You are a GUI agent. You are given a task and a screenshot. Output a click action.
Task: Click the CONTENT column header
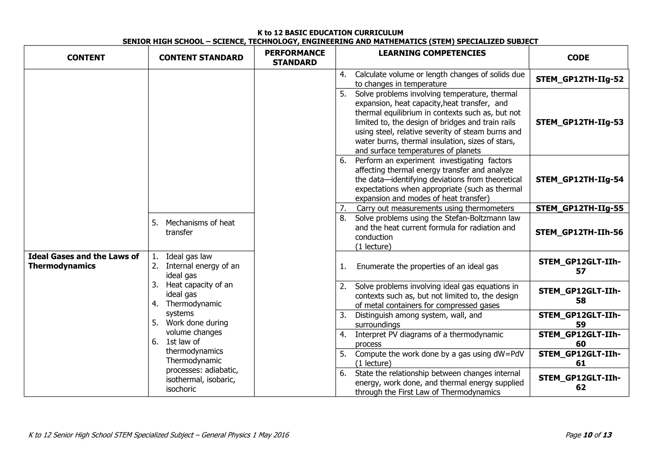pyautogui.click(x=86, y=57)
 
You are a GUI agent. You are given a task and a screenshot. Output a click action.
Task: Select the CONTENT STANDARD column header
pyautogui.click(x=201, y=57)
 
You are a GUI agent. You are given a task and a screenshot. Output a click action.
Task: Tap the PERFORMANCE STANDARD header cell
pyautogui.click(x=295, y=57)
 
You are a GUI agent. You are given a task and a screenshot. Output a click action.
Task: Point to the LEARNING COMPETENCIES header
pyautogui.click(x=432, y=53)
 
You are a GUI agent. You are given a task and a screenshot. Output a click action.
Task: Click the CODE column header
pyautogui.click(x=578, y=57)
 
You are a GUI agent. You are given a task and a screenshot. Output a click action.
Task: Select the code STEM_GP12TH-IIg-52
pyautogui.click(x=580, y=79)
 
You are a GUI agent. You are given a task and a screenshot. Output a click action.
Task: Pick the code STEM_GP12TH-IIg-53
pyautogui.click(x=580, y=122)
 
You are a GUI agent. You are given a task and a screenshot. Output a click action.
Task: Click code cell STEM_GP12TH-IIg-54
pyautogui.click(x=580, y=180)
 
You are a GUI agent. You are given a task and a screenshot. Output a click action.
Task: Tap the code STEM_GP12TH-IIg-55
pyautogui.click(x=580, y=208)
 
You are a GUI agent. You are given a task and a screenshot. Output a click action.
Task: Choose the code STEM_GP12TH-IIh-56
pyautogui.click(x=579, y=232)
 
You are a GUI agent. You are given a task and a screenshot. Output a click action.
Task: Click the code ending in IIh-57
pyautogui.click(x=580, y=266)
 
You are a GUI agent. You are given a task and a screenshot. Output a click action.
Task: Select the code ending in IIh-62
pyautogui.click(x=580, y=383)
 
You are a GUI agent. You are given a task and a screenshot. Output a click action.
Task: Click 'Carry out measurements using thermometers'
pyautogui.click(x=435, y=208)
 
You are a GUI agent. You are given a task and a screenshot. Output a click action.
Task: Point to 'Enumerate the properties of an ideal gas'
pyautogui.click(x=427, y=266)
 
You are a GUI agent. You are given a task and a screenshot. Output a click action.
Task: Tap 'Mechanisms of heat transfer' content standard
pyautogui.click(x=200, y=227)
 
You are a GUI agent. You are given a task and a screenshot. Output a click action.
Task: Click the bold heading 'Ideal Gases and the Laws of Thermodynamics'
pyautogui.click(x=83, y=261)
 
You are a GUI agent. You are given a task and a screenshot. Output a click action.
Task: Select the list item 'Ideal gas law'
pyautogui.click(x=189, y=256)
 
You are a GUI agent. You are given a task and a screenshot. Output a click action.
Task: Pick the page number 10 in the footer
pyautogui.click(x=588, y=435)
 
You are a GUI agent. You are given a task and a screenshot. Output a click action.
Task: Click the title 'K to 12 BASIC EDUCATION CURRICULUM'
pyautogui.click(x=330, y=33)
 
